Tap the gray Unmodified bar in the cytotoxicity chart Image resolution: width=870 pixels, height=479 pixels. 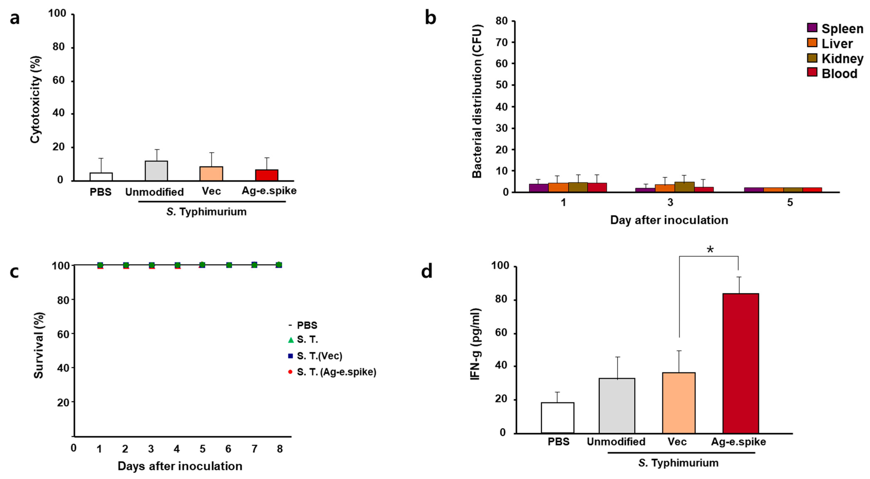point(156,171)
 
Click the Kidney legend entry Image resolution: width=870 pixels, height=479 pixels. point(834,58)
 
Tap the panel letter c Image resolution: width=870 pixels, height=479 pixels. point(14,272)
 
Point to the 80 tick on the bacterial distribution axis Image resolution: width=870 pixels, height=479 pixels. point(502,21)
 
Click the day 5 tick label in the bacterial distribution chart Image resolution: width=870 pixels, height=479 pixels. point(790,202)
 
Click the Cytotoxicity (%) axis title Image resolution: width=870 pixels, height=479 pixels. point(36,99)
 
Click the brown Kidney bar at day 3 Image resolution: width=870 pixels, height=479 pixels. point(684,187)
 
